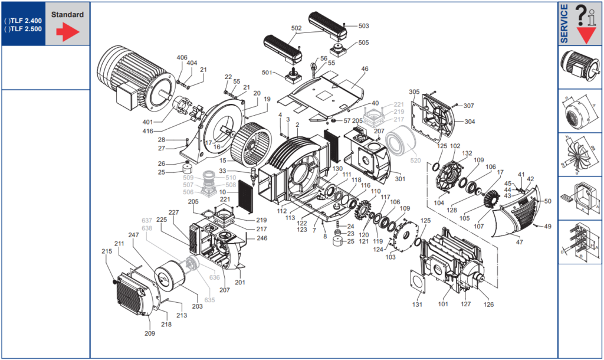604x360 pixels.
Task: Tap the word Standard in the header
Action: point(67,15)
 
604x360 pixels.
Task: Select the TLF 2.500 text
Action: point(24,28)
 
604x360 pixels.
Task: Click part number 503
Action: point(363,26)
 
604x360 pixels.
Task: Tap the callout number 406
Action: point(182,57)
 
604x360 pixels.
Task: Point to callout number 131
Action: point(417,305)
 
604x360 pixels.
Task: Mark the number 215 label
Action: point(106,251)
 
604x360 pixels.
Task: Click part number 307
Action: point(468,106)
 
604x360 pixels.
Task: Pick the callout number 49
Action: point(547,226)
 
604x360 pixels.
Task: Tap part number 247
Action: point(133,235)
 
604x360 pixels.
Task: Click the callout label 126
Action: point(488,305)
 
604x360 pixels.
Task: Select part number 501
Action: point(267,73)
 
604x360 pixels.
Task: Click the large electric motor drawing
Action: point(133,78)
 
